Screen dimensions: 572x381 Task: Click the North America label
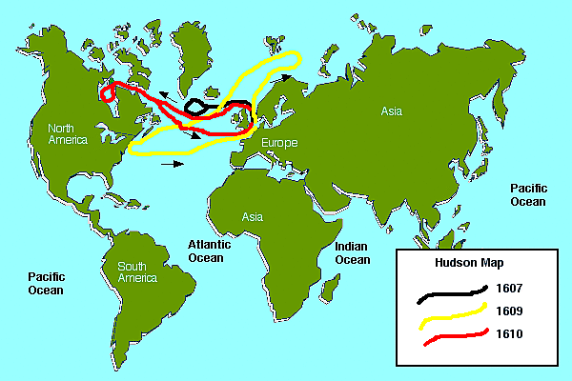tap(68, 133)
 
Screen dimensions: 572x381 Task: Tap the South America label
tap(137, 271)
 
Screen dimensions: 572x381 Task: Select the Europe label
tap(278, 143)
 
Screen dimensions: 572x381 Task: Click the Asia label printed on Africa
tap(252, 217)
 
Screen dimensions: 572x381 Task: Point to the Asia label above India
tap(392, 111)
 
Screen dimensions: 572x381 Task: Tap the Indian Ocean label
tap(352, 253)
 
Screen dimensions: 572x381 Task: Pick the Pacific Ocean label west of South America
tap(45, 283)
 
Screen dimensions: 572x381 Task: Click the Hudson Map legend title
tap(464, 262)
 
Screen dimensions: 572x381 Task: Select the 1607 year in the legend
tap(509, 287)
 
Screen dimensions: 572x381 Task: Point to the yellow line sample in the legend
tap(452, 315)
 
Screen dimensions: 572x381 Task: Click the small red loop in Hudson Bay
tap(110, 93)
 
